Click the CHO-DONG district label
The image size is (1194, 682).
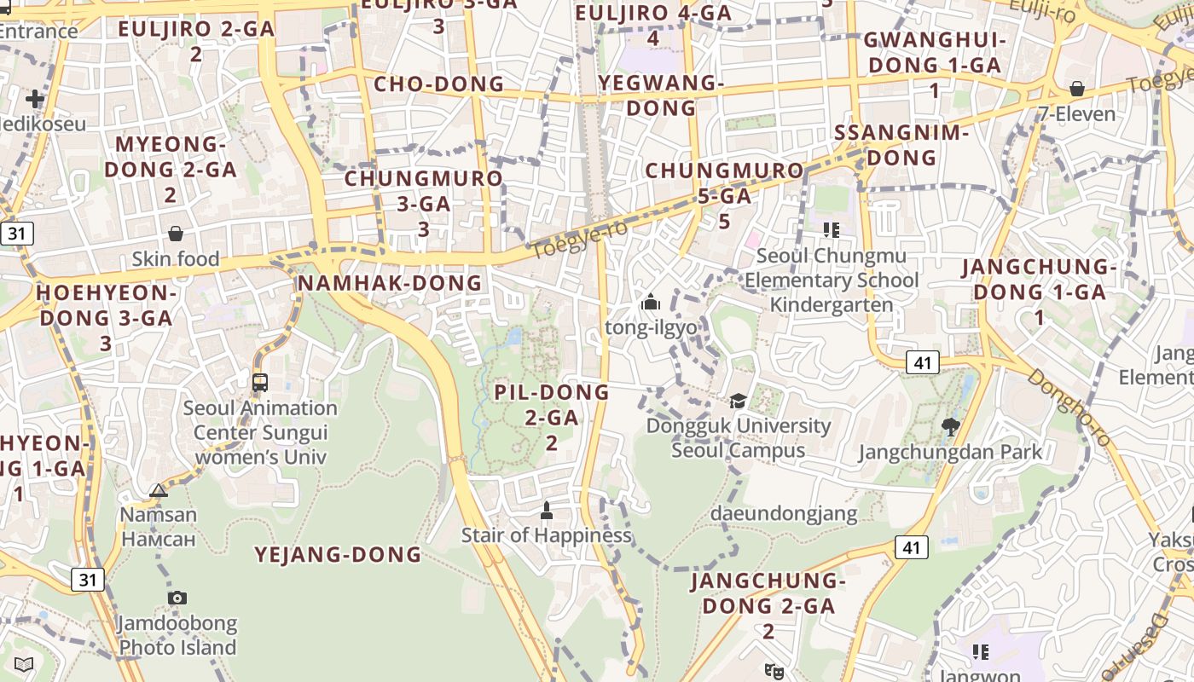(x=439, y=84)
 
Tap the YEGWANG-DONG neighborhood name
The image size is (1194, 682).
(x=661, y=95)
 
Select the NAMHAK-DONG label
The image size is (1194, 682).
(x=390, y=283)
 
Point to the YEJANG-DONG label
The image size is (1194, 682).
(x=339, y=555)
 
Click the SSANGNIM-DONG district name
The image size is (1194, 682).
(x=901, y=145)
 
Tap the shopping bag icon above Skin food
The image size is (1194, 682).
(x=176, y=234)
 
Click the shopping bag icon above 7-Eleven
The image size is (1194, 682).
(x=1077, y=89)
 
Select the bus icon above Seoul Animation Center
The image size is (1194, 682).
(x=260, y=383)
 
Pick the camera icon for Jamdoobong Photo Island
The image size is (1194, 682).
(x=177, y=598)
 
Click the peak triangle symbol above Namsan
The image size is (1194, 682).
(x=159, y=490)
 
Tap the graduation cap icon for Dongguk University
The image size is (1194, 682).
(x=738, y=401)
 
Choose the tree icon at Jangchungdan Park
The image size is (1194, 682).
(x=950, y=426)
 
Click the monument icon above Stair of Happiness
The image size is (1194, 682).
(x=547, y=511)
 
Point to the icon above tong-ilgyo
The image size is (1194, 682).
(x=651, y=302)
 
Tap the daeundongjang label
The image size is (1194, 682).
(x=784, y=513)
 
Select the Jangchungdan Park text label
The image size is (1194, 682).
(x=950, y=452)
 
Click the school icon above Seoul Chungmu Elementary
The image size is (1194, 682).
(x=832, y=229)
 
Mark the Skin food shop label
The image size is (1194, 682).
(x=176, y=259)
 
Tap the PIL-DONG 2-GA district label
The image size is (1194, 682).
(x=552, y=417)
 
